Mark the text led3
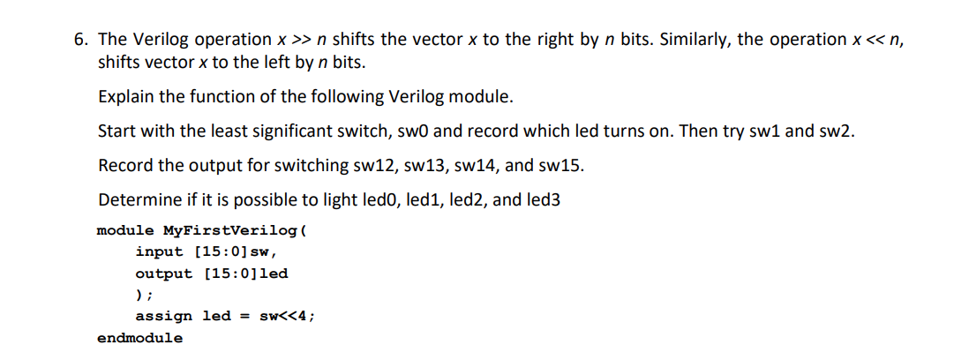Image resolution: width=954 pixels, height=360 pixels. tap(542, 199)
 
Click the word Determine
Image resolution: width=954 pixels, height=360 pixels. tap(136, 199)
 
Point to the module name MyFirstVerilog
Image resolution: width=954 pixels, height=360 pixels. tap(231, 231)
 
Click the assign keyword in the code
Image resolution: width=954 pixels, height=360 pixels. tap(164, 316)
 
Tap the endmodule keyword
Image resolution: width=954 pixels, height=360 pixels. tap(140, 338)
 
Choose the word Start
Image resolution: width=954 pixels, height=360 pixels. tap(116, 131)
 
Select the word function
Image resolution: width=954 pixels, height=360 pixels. tap(226, 96)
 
